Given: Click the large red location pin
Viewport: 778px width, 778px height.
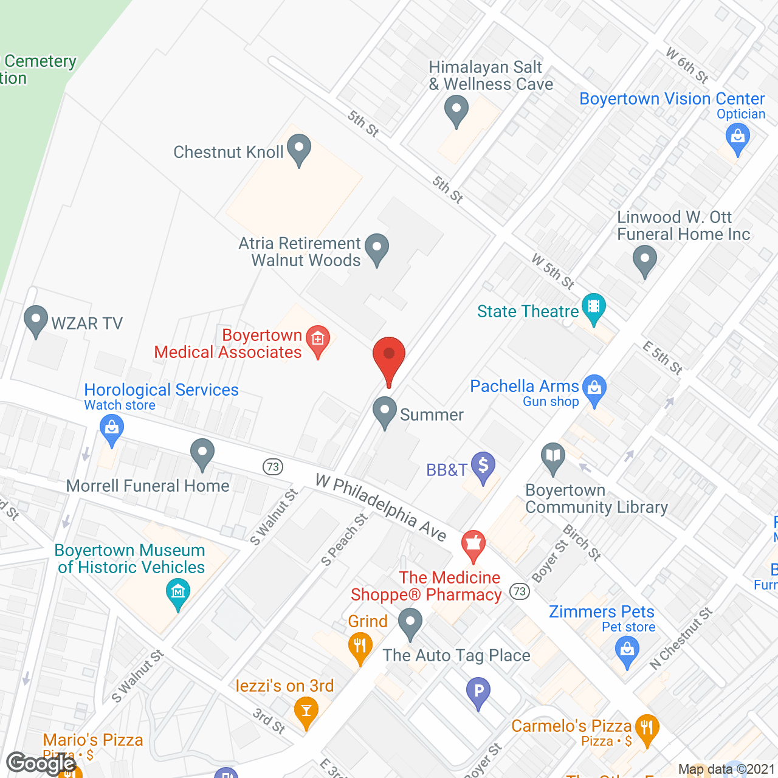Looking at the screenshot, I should (x=388, y=356).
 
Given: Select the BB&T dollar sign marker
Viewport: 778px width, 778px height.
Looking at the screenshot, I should (x=483, y=466).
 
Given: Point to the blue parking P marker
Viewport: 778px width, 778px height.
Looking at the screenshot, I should (x=478, y=691).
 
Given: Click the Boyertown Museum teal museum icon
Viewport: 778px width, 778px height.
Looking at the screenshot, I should (x=177, y=591).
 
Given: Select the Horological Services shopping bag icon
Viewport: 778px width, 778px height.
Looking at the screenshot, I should (x=111, y=427).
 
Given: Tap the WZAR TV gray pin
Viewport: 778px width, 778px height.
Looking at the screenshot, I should (x=36, y=319).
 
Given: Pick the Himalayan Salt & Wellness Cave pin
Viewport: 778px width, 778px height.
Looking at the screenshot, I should (x=456, y=110).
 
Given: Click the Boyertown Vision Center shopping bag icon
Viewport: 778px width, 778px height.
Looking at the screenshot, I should (x=738, y=136).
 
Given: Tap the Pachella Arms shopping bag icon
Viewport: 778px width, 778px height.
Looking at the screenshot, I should (x=594, y=387).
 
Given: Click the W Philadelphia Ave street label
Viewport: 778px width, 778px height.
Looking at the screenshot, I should (x=381, y=508).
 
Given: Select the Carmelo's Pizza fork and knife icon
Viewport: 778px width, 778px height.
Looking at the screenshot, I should (x=646, y=727).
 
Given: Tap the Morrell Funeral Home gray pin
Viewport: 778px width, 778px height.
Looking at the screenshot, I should (x=202, y=453).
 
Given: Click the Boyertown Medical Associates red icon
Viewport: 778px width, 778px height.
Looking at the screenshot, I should (x=317, y=339).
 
